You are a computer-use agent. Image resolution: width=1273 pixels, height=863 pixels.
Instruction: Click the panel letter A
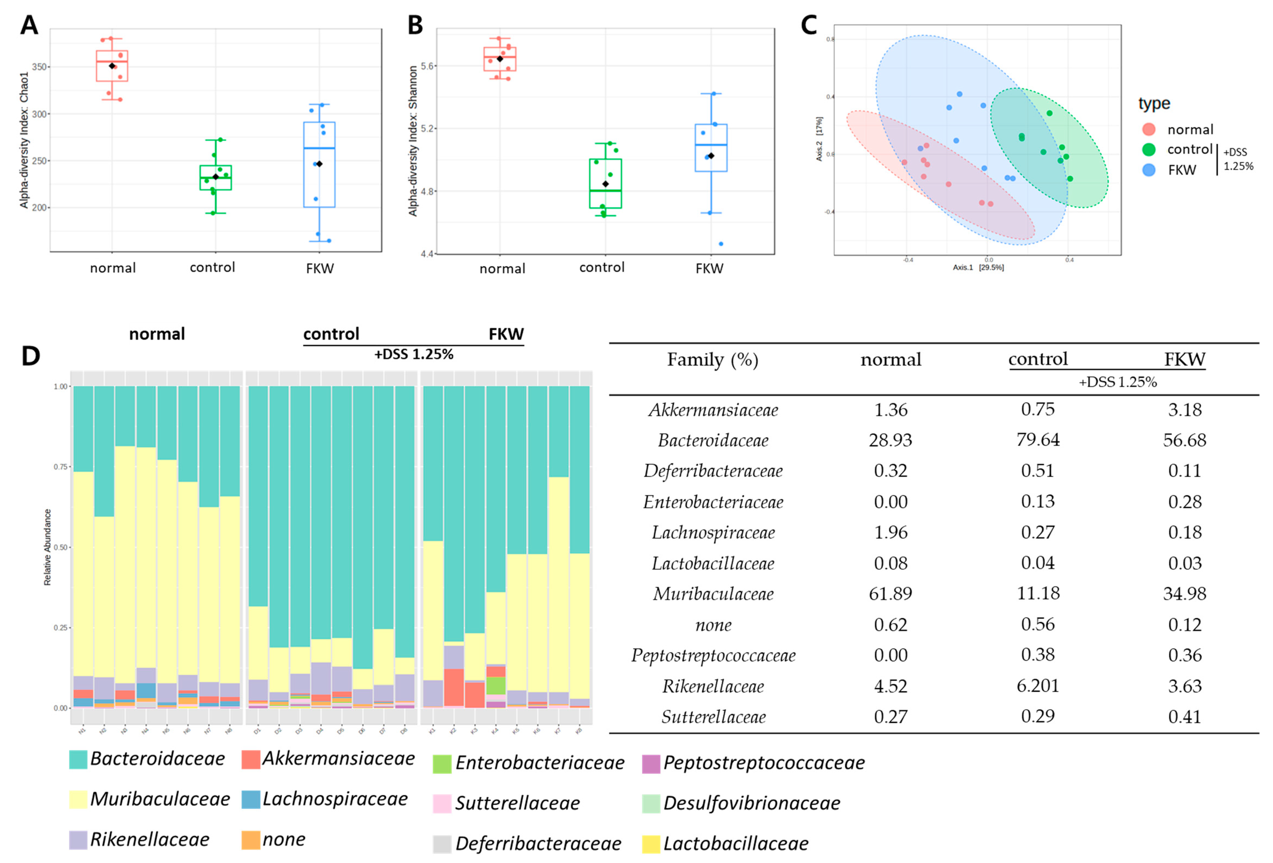click(29, 25)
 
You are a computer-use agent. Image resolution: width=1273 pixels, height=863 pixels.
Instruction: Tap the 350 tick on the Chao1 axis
click(40, 67)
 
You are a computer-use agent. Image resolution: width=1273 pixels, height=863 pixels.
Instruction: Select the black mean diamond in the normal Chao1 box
click(112, 66)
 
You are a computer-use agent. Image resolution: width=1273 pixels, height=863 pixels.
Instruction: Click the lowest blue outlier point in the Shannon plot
click(721, 244)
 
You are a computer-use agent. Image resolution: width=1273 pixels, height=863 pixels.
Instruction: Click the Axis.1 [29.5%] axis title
click(978, 267)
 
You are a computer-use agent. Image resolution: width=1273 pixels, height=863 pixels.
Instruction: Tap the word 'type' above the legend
click(1154, 104)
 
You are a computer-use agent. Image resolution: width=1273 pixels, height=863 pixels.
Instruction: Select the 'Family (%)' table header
click(712, 360)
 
